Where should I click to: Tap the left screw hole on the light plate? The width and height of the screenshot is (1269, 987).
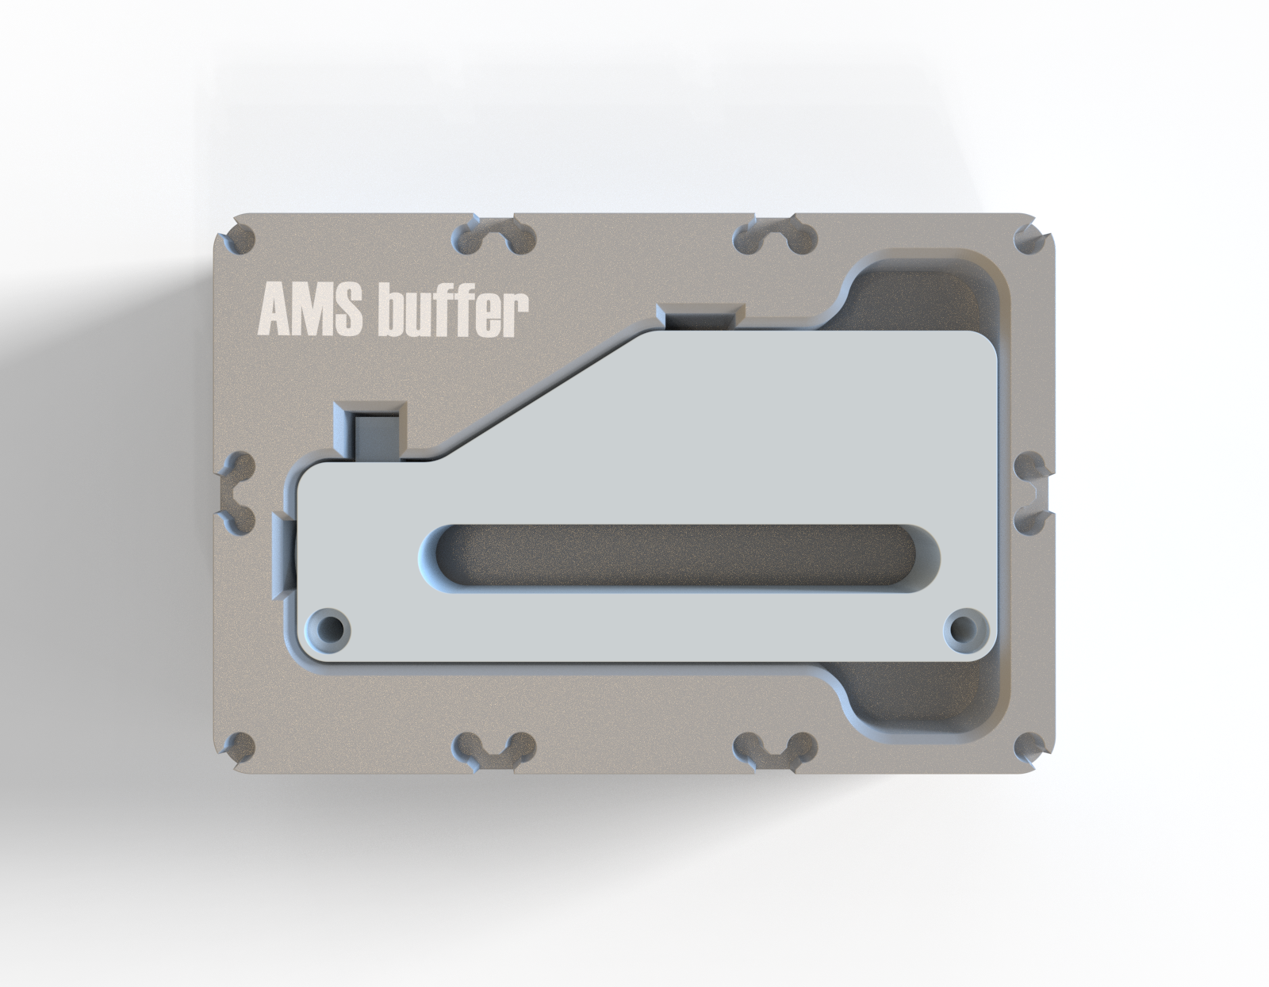(x=329, y=630)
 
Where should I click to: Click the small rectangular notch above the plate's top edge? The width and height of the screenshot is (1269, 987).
(x=700, y=316)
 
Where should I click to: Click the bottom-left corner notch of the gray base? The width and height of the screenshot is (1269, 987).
(x=238, y=747)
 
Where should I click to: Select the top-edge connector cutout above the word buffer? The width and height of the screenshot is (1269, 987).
(x=496, y=236)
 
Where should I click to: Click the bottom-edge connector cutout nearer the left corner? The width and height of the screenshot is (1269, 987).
(x=496, y=748)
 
